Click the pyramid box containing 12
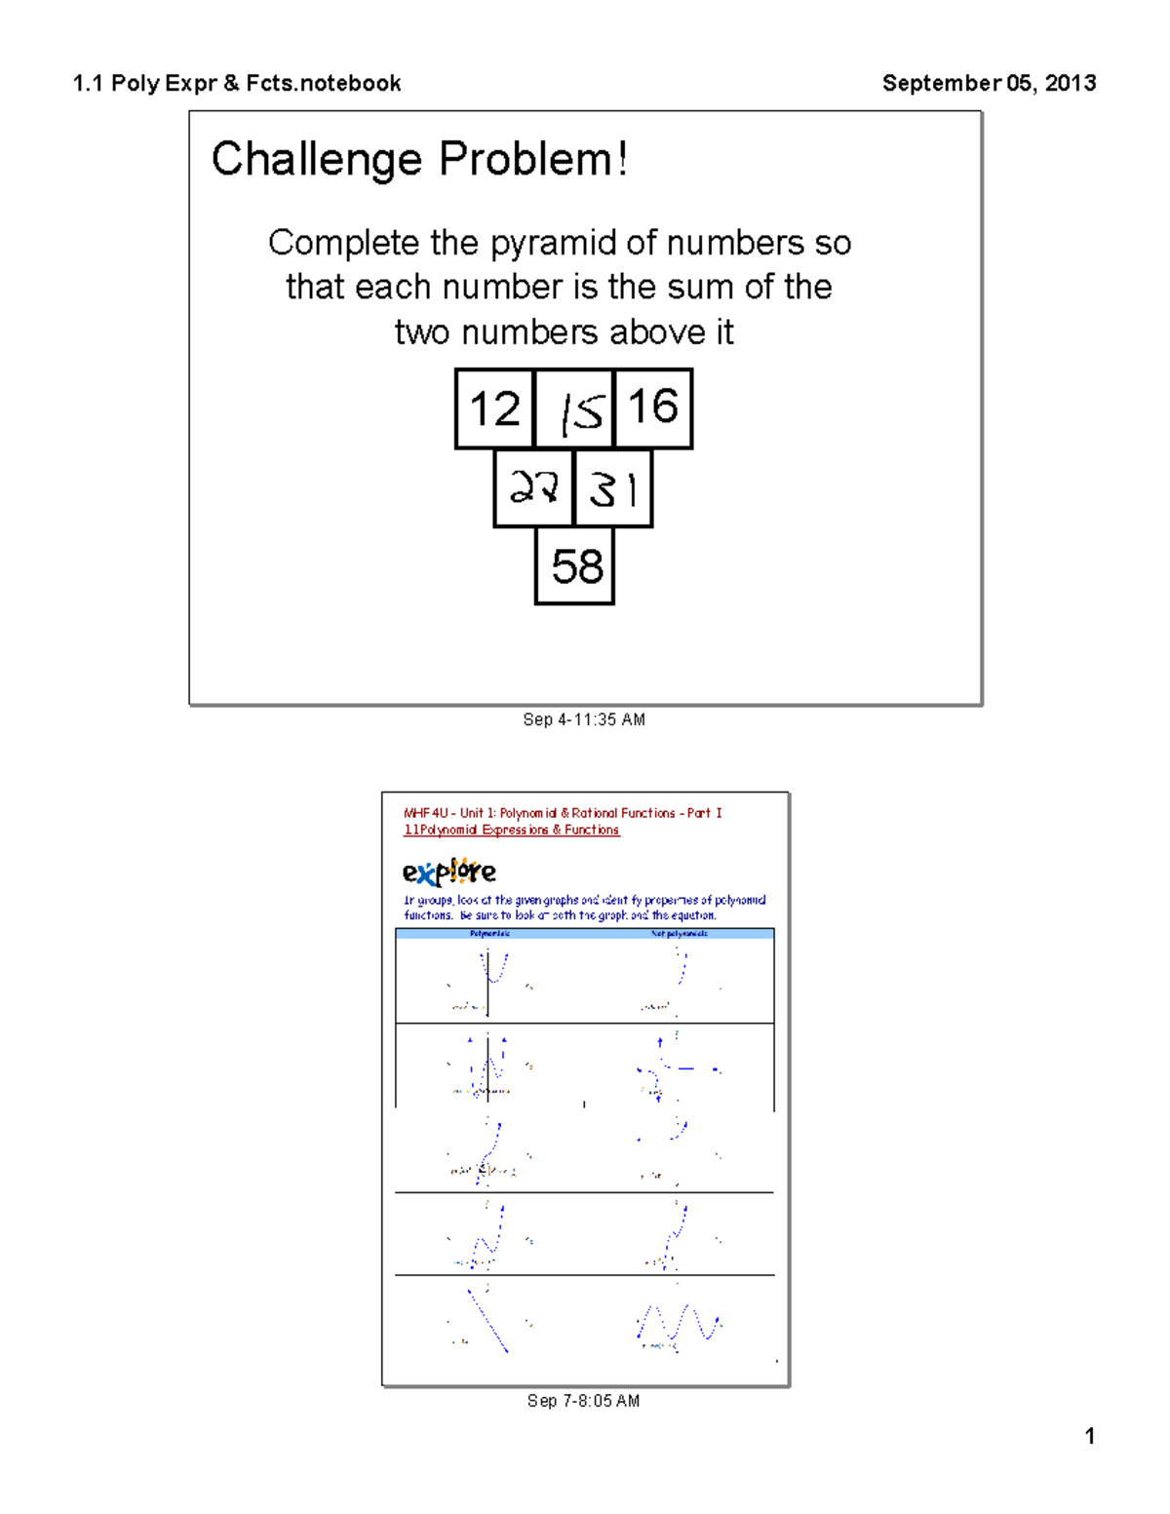(494, 408)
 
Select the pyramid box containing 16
(653, 408)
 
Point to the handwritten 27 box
(533, 487)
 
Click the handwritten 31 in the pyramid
(613, 488)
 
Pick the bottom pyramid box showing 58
(575, 566)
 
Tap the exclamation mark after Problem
(622, 159)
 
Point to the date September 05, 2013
(989, 83)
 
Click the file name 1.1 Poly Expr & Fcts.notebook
(237, 83)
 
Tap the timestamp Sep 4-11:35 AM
(584, 719)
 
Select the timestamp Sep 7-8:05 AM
(583, 1401)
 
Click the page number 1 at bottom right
(1090, 1436)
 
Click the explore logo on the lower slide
(449, 871)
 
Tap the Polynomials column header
(489, 934)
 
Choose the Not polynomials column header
(680, 934)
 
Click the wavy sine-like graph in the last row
(680, 1324)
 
